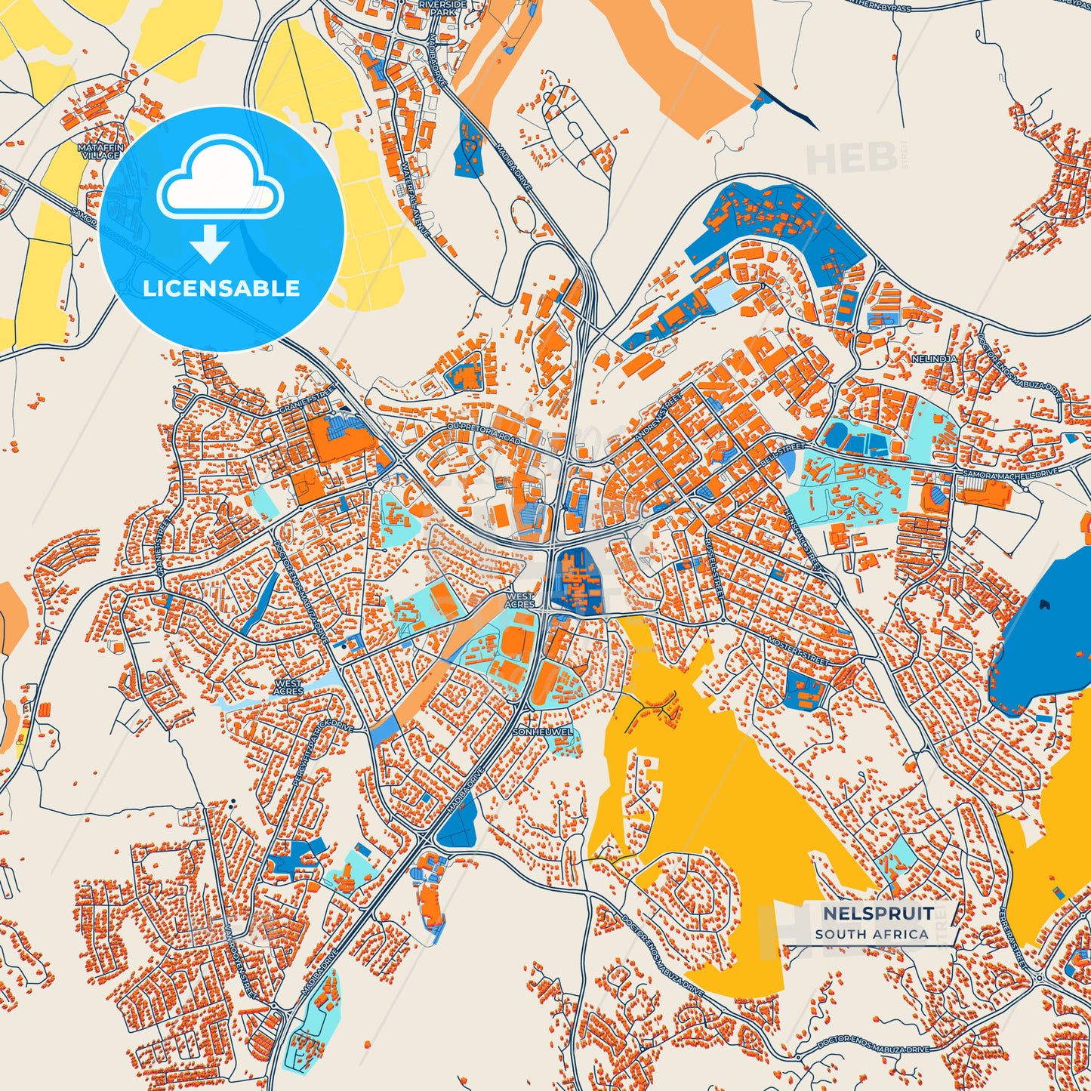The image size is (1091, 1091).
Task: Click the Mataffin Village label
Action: coord(99,150)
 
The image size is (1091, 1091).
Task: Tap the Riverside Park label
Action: coord(443,8)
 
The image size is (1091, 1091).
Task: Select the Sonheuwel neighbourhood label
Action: coord(542,732)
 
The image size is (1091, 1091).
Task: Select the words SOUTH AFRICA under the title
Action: coord(871,934)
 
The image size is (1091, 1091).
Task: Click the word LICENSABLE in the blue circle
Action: coord(221,288)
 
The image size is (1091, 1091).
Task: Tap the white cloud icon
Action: coord(220,180)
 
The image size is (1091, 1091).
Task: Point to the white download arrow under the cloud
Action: coord(209,243)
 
